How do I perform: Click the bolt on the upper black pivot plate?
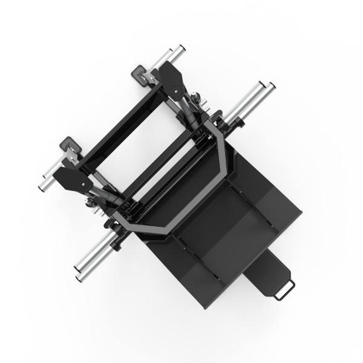(x=176, y=91)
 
